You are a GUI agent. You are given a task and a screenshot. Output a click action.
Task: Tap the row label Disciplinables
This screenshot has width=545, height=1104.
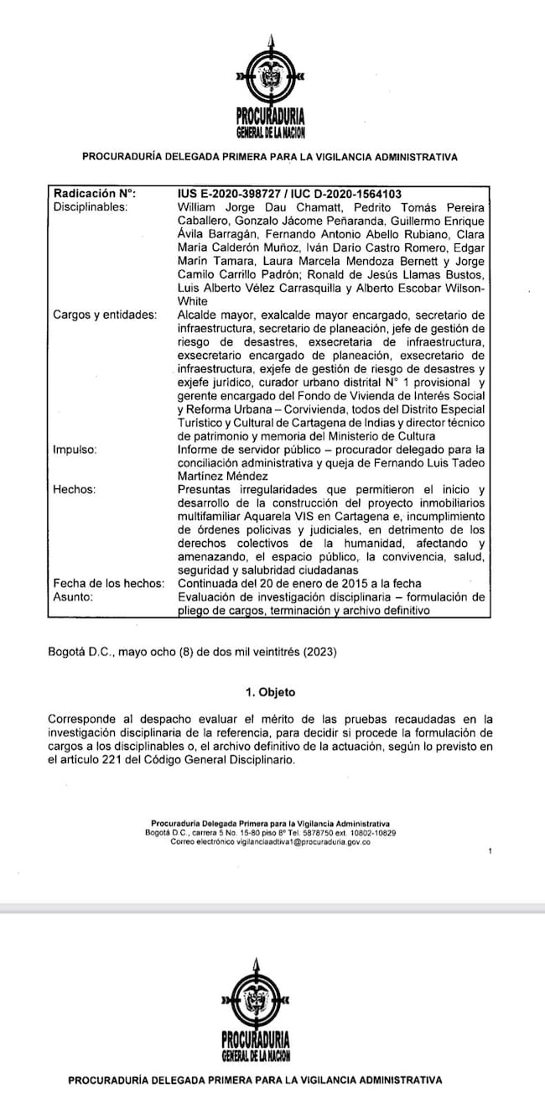(90, 206)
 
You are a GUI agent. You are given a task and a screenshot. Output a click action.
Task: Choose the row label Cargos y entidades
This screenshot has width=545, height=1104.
(104, 315)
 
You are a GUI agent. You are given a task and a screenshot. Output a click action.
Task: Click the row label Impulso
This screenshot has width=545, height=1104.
(75, 449)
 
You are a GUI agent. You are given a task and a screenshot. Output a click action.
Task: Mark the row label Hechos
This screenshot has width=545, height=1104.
(73, 489)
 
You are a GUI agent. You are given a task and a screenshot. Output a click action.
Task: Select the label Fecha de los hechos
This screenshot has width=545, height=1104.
(108, 583)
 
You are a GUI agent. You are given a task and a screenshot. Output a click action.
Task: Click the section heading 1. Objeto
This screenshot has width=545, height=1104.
(270, 692)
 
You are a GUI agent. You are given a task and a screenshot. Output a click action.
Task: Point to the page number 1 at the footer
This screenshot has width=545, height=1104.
(490, 851)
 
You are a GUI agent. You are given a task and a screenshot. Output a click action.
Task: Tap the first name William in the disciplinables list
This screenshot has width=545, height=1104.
(197, 206)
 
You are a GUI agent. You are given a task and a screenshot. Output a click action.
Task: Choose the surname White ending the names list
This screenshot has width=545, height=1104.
(195, 300)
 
